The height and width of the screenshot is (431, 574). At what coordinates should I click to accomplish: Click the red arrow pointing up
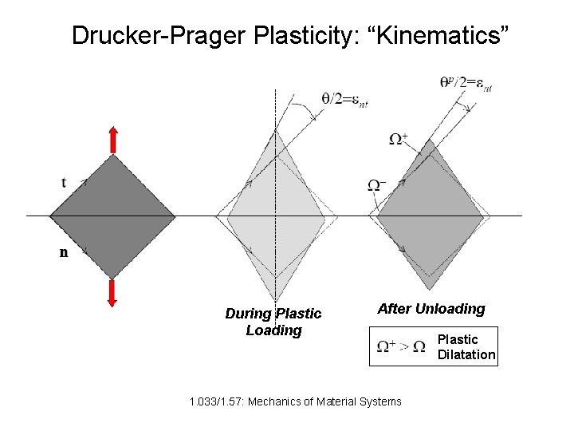pyautogui.click(x=112, y=139)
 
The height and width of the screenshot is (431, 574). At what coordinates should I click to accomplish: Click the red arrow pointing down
pyautogui.click(x=112, y=293)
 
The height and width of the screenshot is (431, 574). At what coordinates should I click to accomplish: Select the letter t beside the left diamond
pyautogui.click(x=64, y=182)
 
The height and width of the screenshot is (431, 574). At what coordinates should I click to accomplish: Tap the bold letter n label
pyautogui.click(x=64, y=253)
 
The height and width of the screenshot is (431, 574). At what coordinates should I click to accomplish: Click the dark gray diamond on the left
pyautogui.click(x=112, y=215)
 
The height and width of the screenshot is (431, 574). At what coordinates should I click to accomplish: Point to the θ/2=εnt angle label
pyautogui.click(x=344, y=99)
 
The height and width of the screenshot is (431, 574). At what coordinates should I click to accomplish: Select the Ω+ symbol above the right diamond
pyautogui.click(x=398, y=139)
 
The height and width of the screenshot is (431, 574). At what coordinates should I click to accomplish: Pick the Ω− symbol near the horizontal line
pyautogui.click(x=376, y=185)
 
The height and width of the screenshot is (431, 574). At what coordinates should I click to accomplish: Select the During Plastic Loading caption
pyautogui.click(x=273, y=322)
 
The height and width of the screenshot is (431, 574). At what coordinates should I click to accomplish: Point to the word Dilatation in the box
pyautogui.click(x=466, y=354)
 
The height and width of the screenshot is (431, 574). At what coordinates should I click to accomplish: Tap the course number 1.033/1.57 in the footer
pyautogui.click(x=216, y=401)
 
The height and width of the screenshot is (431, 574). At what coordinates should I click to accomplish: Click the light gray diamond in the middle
pyautogui.click(x=276, y=215)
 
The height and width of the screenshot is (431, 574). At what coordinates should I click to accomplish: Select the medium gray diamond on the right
pyautogui.click(x=431, y=215)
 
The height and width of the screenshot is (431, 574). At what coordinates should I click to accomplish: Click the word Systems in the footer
pyautogui.click(x=382, y=401)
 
